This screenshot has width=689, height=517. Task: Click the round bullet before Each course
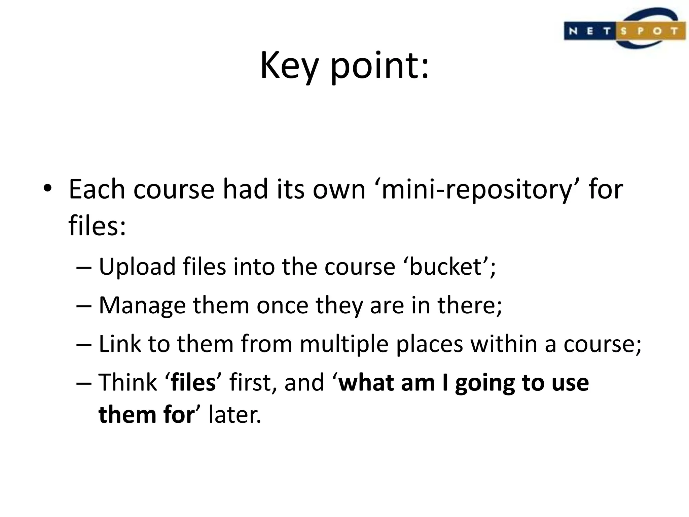coord(47,188)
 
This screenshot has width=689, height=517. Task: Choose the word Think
coord(128,383)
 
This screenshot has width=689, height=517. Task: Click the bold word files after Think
coord(193,383)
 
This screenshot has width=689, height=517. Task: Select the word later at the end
coord(234,415)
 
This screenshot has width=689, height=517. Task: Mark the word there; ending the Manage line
coord(470,306)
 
